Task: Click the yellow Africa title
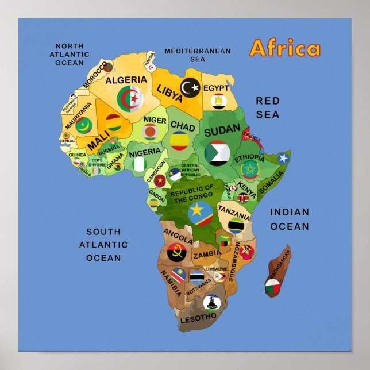coord(285,49)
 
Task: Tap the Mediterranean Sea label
coord(198,55)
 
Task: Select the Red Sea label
coord(268,107)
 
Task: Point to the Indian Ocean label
coord(290,219)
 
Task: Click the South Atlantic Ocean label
coord(103,245)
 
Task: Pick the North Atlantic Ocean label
coord(70,55)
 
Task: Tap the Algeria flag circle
coord(130,99)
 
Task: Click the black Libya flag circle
coord(191,88)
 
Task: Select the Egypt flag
coord(218,102)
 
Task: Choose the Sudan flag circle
coord(218,153)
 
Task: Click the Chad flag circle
coord(180,140)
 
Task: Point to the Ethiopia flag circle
coord(250,169)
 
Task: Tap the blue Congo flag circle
coord(201,213)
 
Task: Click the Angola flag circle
coord(176,252)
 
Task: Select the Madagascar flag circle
coord(272,285)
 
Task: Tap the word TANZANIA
coord(234,211)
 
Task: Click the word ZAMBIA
coord(207,253)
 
